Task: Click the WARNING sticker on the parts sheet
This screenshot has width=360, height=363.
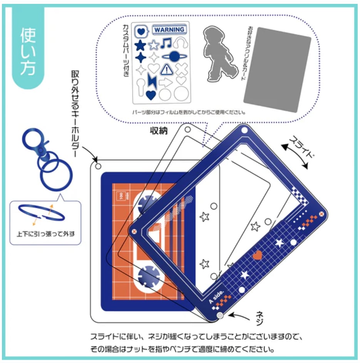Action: tap(169, 30)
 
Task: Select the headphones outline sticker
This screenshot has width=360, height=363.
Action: tap(180, 43)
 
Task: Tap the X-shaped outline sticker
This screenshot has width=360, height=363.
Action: tap(181, 69)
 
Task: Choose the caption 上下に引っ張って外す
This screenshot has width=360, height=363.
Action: tap(45, 233)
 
